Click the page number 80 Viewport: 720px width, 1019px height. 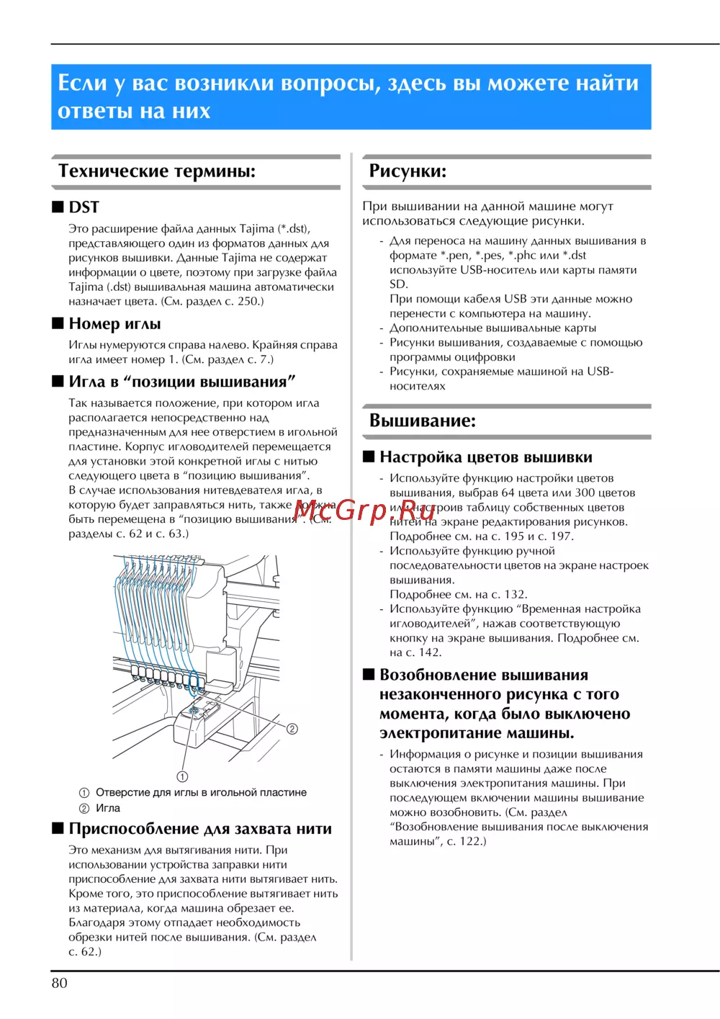pos(59,983)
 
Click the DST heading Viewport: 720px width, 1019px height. pos(84,207)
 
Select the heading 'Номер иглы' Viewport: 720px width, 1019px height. pos(114,324)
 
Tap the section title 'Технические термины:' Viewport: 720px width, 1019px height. pos(157,171)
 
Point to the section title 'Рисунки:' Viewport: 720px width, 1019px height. pos(408,171)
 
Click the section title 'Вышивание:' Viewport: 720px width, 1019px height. pos(423,421)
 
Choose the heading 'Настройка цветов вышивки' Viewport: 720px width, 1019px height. pos(486,457)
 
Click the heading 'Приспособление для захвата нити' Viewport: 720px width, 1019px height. pos(200,829)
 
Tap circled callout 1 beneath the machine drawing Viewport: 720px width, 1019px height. pos(182,776)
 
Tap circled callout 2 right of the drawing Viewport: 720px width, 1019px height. pos(292,729)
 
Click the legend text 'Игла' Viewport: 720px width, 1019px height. pos(108,808)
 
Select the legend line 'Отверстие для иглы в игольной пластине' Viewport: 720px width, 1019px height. pos(201,792)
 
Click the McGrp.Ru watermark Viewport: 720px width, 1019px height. pos(365,510)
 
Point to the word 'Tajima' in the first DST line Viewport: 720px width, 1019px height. pos(256,229)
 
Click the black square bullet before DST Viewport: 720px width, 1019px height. pos(58,207)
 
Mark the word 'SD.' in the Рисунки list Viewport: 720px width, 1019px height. pos(399,284)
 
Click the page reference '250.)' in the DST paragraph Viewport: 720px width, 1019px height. pos(250,301)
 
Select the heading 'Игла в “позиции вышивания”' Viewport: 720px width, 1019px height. pos(182,382)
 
